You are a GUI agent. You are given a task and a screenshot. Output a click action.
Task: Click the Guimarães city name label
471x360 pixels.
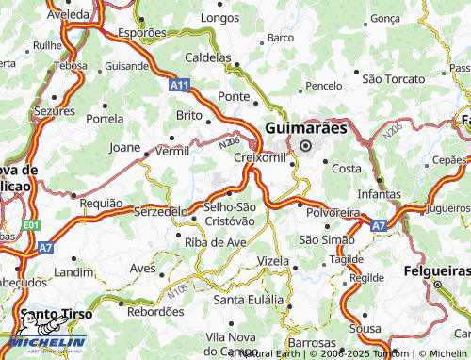[306, 126]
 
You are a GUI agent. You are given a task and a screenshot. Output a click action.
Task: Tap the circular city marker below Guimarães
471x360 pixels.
[305, 144]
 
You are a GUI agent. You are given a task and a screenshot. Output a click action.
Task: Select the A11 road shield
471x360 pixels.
[181, 85]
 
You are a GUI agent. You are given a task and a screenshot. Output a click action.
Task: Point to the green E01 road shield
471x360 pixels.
[32, 226]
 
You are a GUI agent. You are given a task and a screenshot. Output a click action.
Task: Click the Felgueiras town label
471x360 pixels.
[437, 284]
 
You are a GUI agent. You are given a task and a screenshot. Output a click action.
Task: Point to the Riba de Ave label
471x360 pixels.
[215, 241]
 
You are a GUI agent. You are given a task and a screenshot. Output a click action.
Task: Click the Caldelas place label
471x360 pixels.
[207, 57]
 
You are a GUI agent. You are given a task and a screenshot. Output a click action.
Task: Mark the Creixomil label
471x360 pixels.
[257, 156]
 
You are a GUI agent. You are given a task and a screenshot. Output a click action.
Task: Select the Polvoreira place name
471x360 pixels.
[331, 213]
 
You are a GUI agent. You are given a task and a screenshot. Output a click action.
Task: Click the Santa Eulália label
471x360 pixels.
[250, 299]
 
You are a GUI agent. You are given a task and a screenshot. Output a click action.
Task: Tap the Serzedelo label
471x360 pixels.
[161, 211]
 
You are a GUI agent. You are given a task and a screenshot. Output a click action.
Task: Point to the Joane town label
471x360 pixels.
[125, 147]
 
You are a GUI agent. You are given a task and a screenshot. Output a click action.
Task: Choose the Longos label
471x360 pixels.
[220, 17]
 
